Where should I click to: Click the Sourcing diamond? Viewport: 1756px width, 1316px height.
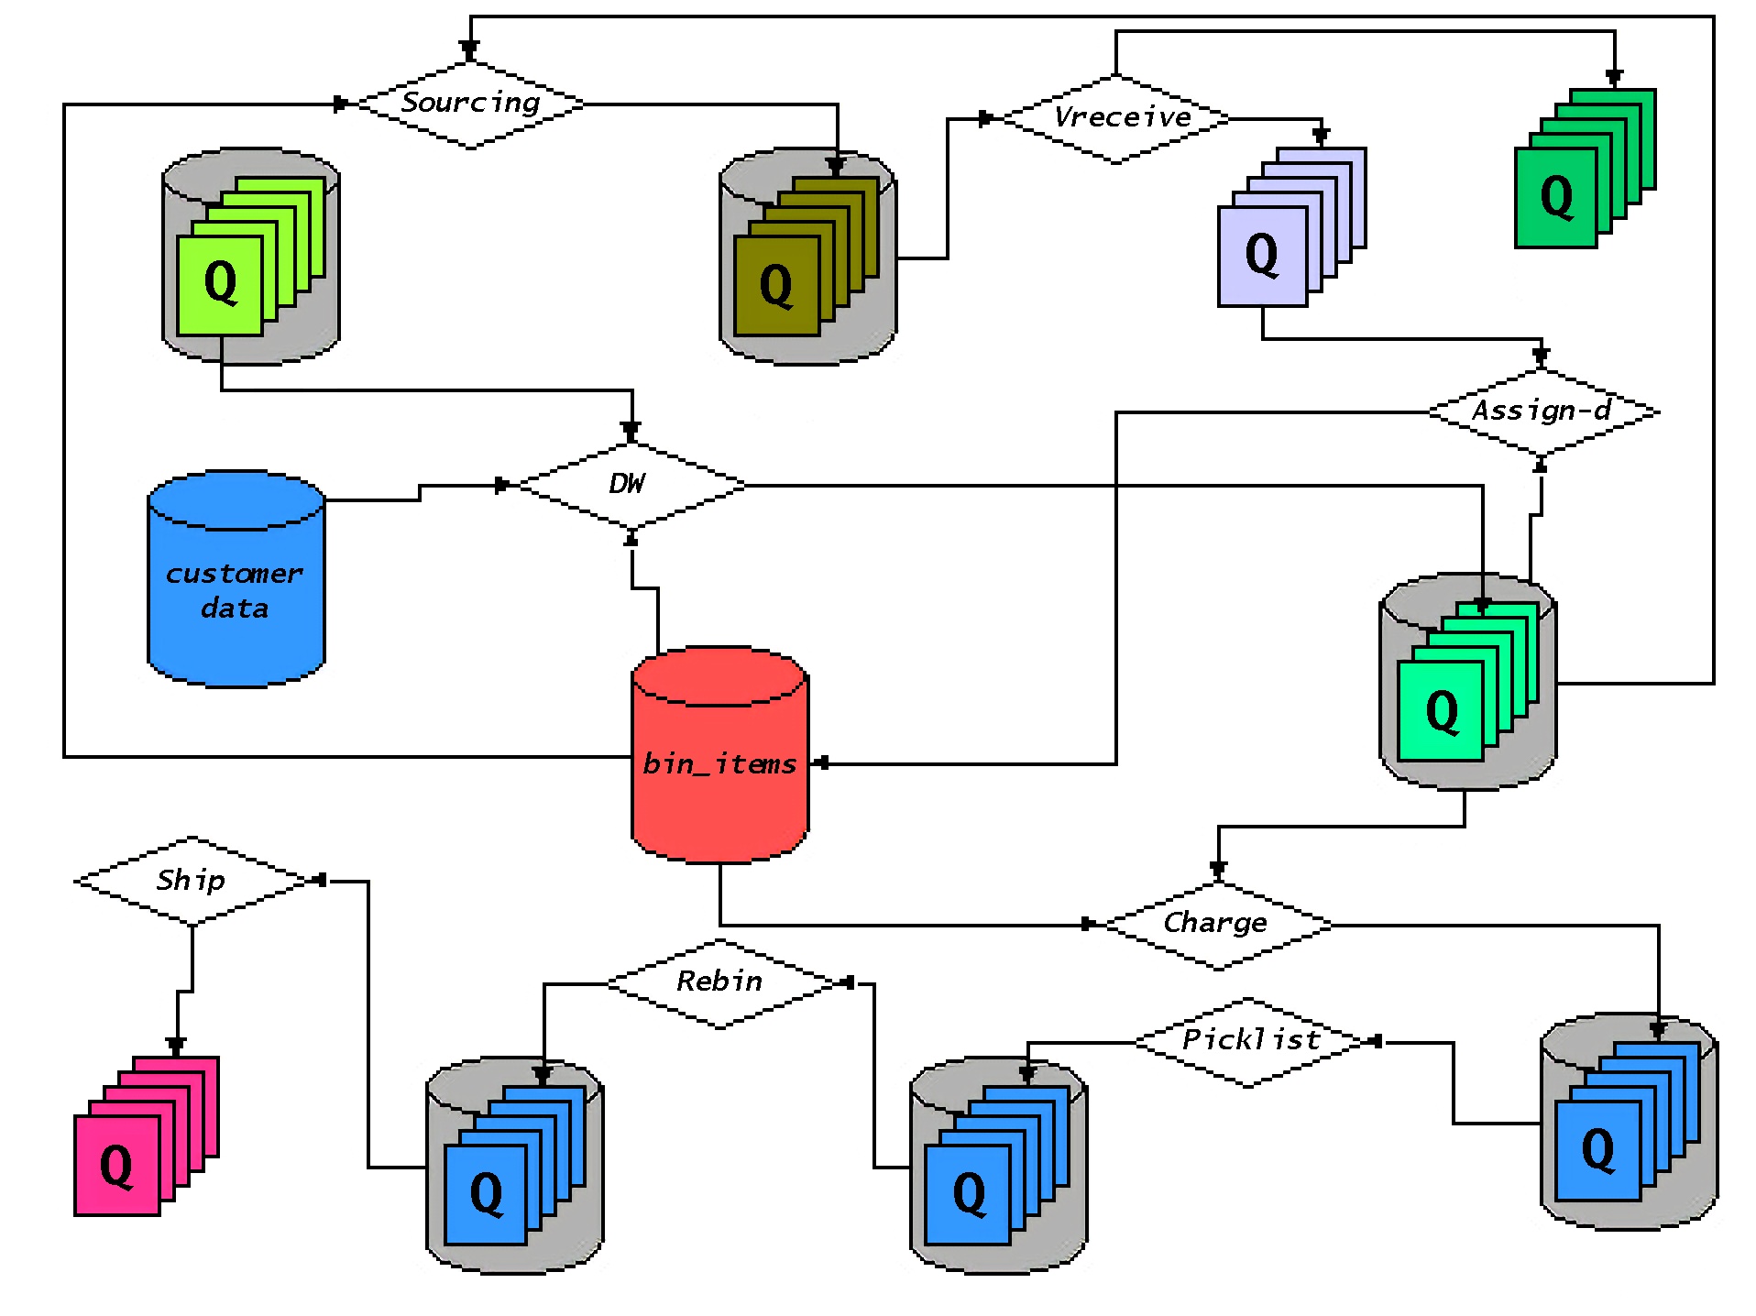(x=470, y=104)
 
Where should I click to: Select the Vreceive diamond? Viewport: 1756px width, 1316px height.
(x=1116, y=118)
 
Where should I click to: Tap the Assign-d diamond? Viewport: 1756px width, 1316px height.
(x=1542, y=411)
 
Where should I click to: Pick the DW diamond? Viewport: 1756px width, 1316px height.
(x=631, y=485)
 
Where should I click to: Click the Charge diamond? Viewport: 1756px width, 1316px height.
(x=1217, y=924)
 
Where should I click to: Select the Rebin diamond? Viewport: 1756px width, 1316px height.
(x=720, y=982)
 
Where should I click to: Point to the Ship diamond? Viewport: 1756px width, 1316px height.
(x=191, y=881)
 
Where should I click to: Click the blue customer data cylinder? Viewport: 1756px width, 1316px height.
(x=236, y=587)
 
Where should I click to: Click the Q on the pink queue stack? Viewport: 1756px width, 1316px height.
(x=116, y=1166)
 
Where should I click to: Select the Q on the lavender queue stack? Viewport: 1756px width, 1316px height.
(x=1262, y=255)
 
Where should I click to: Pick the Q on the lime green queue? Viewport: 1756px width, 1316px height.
(x=220, y=281)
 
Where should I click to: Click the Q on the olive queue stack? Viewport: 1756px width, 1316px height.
(x=776, y=285)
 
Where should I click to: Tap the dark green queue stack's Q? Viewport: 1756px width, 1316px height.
(x=1556, y=197)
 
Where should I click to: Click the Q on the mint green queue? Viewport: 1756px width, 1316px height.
(x=1442, y=711)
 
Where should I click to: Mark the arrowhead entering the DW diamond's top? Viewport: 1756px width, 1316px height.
(x=631, y=430)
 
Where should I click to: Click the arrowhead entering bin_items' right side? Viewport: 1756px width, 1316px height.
(x=822, y=762)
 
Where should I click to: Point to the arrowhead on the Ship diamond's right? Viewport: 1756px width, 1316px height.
(x=320, y=880)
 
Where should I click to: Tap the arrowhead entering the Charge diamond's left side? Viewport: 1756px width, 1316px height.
(x=1088, y=924)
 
